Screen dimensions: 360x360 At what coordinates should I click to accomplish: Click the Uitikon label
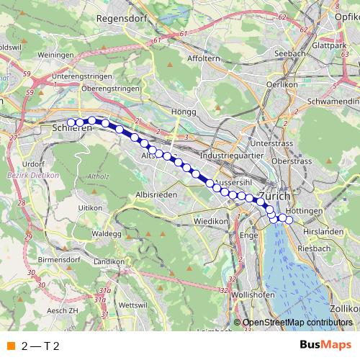(x=91, y=207)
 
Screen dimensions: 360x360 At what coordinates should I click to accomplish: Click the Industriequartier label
(x=233, y=155)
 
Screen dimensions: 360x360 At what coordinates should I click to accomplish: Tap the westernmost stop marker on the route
(x=71, y=122)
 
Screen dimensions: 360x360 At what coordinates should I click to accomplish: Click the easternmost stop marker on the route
(x=289, y=220)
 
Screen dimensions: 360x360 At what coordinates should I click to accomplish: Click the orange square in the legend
(x=10, y=346)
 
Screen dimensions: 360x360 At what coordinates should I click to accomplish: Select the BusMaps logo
(x=325, y=346)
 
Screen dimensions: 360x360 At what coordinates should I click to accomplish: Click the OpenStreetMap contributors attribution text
(x=297, y=323)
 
